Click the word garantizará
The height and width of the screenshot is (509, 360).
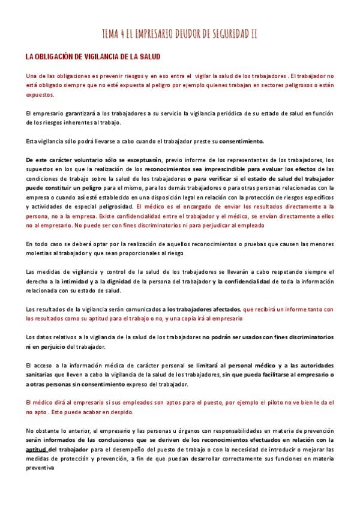tap(76, 113)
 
